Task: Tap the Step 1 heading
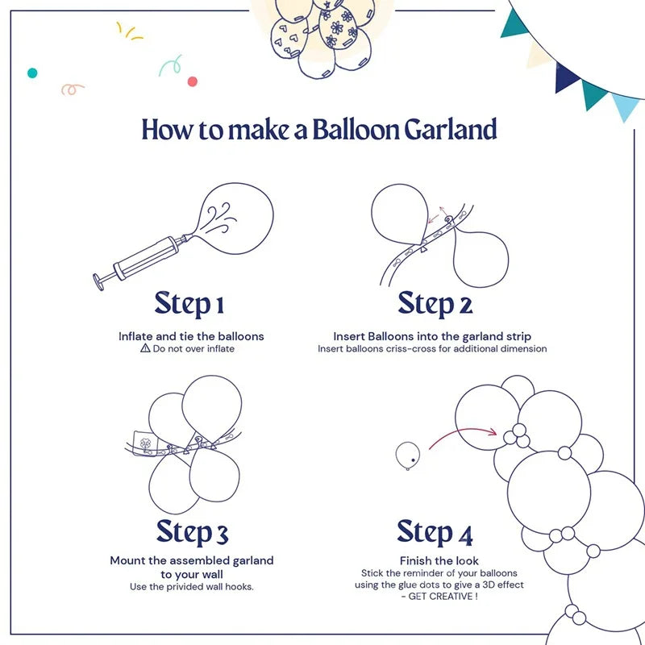[x=189, y=304]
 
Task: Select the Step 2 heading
[x=435, y=304]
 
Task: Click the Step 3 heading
[x=192, y=532]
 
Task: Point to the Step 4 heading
[x=435, y=532]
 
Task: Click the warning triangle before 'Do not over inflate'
[x=145, y=348]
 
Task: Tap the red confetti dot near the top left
[x=192, y=81]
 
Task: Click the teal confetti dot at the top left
[x=32, y=73]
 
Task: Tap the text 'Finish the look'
[x=439, y=560]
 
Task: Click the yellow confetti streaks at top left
[x=129, y=32]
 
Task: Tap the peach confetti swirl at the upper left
[x=73, y=89]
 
